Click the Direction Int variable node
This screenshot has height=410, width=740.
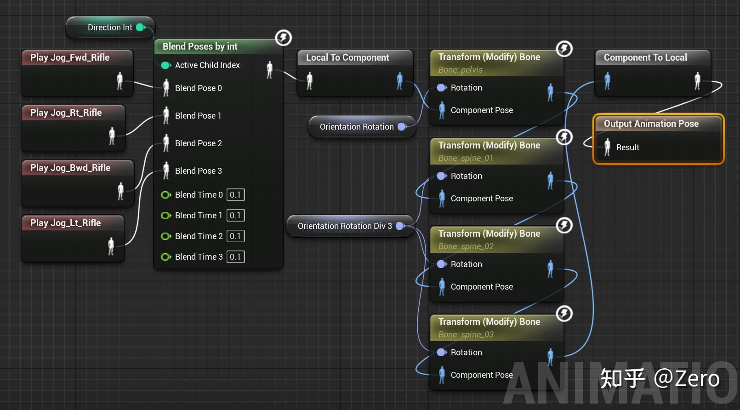110,28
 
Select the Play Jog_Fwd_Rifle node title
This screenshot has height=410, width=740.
70,57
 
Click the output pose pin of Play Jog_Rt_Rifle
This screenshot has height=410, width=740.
112,136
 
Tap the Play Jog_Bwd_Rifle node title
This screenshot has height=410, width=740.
70,168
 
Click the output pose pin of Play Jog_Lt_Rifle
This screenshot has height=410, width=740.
111,246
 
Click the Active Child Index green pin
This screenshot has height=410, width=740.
166,65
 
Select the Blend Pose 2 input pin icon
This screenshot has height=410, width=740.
166,143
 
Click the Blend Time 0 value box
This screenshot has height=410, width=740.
235,195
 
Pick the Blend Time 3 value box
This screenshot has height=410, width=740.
235,257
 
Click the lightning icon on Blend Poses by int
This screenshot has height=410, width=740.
284,38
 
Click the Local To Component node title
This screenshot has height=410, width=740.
347,57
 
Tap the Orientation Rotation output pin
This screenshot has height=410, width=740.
402,127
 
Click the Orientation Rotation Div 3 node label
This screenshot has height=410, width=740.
345,226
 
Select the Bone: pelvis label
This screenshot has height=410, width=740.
460,70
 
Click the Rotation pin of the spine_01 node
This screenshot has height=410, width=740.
442,176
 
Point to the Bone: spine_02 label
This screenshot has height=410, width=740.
466,246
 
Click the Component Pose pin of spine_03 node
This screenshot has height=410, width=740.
442,375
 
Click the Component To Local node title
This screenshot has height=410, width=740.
645,57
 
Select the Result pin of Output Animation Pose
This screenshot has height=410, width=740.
607,147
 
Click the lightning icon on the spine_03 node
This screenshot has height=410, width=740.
564,313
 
